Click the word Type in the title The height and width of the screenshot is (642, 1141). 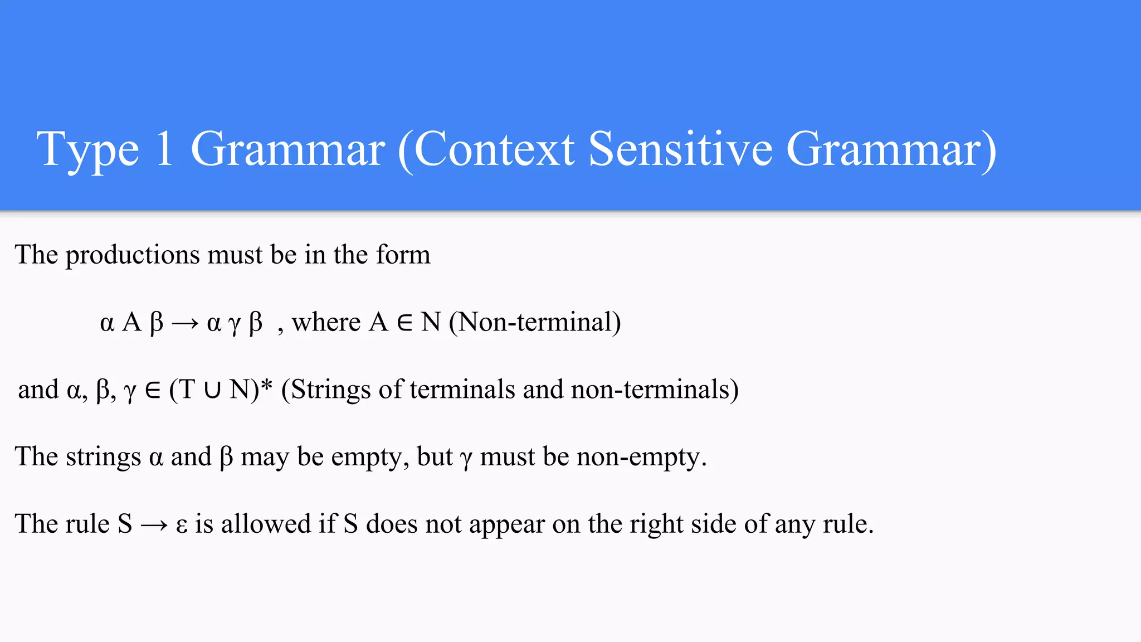tap(87, 150)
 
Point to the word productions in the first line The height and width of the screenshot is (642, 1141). tap(133, 255)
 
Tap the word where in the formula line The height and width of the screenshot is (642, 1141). tap(326, 322)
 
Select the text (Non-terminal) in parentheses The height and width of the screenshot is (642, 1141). tap(535, 322)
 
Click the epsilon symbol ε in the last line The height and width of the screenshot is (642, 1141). tap(181, 526)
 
